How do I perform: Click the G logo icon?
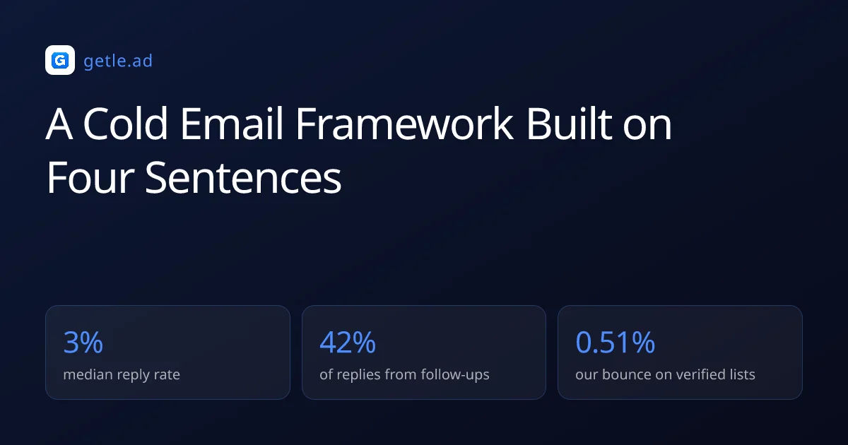coord(60,60)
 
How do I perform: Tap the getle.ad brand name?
coord(118,61)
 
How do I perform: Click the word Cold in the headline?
coord(125,124)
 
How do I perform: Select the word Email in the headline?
coord(232,124)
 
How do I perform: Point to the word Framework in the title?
coord(404,124)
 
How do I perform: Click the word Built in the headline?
coord(569,124)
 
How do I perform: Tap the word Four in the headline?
coord(90,177)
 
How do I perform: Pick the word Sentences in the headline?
coord(243,177)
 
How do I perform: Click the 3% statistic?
coord(83,343)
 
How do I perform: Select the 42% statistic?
coord(348,343)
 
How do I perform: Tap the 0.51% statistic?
coord(616,343)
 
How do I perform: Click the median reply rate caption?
coord(122,374)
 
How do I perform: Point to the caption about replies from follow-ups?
coord(404,374)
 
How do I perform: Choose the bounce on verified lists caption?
coord(665,374)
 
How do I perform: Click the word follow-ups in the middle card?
coord(455,374)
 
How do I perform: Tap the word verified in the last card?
coord(700,374)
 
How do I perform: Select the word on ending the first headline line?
coord(647,128)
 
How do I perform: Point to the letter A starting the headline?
coord(59,124)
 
